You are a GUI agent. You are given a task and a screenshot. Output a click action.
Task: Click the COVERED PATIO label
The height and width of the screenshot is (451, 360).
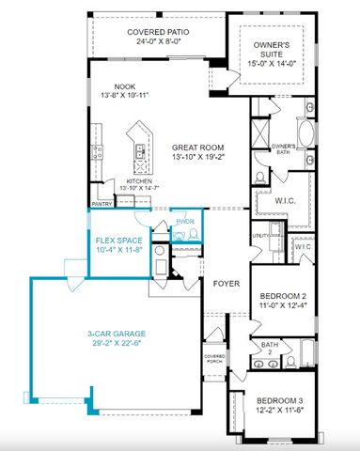[x=157, y=32]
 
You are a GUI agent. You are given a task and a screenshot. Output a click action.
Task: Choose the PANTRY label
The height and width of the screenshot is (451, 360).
[x=102, y=203]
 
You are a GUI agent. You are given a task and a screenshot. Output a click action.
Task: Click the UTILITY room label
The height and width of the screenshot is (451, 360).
[x=258, y=237]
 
